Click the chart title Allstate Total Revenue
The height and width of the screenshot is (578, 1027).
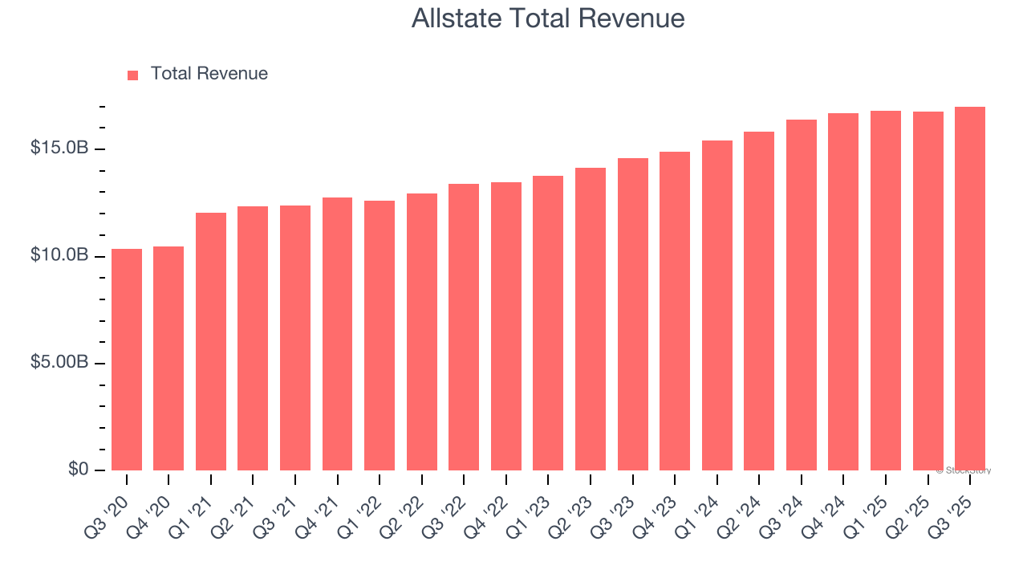tap(548, 18)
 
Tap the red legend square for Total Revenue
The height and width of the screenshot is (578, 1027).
tap(133, 75)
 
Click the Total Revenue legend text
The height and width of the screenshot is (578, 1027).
tap(209, 74)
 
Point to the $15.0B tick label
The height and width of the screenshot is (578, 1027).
tap(59, 149)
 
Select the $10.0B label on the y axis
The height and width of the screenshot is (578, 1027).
tap(59, 255)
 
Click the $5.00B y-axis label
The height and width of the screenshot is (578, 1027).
tap(59, 362)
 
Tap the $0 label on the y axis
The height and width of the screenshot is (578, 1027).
tap(77, 469)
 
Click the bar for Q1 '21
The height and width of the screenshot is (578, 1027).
tap(211, 341)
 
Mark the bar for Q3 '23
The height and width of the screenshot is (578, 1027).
tap(633, 314)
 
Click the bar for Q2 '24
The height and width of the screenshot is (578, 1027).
tap(759, 301)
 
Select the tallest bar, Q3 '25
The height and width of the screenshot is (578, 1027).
tap(970, 289)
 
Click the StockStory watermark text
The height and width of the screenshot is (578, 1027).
tap(964, 470)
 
